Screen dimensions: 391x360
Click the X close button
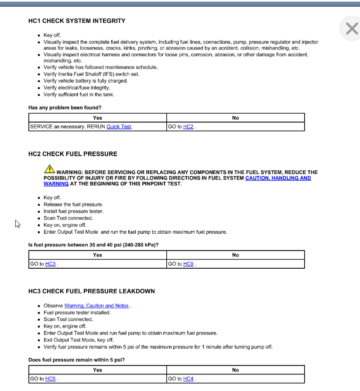click(x=351, y=29)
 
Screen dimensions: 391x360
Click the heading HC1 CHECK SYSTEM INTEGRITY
click(x=77, y=21)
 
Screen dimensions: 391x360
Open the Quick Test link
click(x=119, y=127)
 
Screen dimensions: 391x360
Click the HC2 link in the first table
click(x=188, y=127)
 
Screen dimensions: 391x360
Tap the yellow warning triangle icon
click(x=49, y=169)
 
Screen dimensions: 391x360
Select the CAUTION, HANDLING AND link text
click(x=278, y=178)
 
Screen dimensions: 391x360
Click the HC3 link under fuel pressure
click(x=50, y=264)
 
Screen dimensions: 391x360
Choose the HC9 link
click(x=188, y=264)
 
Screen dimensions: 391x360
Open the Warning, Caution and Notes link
click(x=96, y=306)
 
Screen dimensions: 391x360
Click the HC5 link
click(x=50, y=379)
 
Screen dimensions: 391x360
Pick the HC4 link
click(x=188, y=379)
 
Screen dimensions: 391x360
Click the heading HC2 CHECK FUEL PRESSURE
click(x=73, y=154)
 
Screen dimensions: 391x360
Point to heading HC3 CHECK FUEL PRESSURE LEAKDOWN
click(x=92, y=291)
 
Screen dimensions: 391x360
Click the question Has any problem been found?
click(x=65, y=107)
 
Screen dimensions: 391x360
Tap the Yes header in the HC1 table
click(x=97, y=118)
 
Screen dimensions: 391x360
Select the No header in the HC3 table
click(x=235, y=370)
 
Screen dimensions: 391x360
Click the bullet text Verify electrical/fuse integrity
click(x=77, y=88)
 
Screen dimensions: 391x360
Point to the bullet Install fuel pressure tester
click(x=73, y=211)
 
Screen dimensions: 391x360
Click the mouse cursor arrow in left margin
click(x=17, y=224)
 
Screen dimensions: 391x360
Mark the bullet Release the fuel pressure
click(x=73, y=204)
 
